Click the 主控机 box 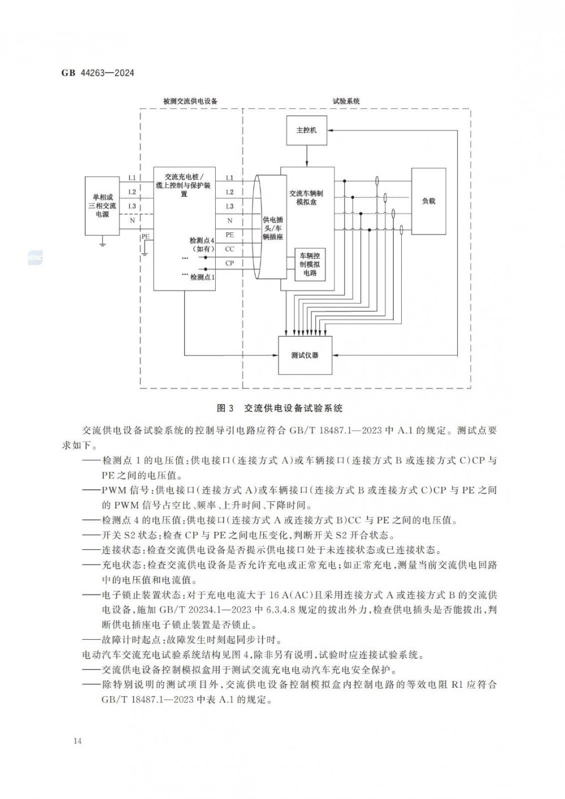click(x=307, y=130)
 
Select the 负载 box click(x=428, y=201)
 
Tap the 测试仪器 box click(x=305, y=355)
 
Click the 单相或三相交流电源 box click(x=102, y=206)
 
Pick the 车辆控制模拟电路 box click(x=310, y=264)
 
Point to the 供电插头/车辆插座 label click(x=272, y=228)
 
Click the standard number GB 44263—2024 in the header click(x=98, y=73)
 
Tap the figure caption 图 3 click(x=225, y=408)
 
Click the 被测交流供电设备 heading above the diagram click(x=190, y=101)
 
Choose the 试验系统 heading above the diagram click(x=346, y=101)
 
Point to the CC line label click(x=229, y=249)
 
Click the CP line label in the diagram click(x=229, y=263)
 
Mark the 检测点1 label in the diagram click(x=203, y=277)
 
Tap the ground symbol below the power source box click(x=102, y=244)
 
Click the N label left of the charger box click(x=132, y=221)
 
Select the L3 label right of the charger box click(x=229, y=206)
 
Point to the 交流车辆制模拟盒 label click(x=306, y=198)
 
